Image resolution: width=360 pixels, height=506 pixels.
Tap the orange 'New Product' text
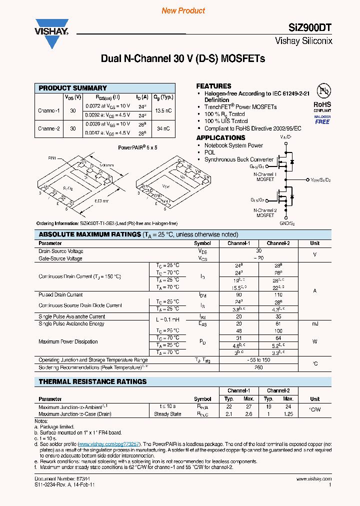[x=183, y=10]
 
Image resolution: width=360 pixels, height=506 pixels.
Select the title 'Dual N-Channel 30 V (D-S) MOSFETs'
[x=183, y=58]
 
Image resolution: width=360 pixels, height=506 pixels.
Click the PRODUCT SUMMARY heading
[x=73, y=88]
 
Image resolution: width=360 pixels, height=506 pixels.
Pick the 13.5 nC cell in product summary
[x=163, y=110]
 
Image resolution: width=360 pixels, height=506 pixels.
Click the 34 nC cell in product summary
[x=163, y=128]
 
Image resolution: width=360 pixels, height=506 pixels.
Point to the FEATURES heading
[x=213, y=86]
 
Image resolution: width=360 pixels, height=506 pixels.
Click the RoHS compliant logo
[x=322, y=107]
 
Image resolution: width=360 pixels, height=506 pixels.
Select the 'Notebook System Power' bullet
[x=233, y=145]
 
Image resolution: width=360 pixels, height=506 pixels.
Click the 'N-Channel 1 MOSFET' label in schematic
[x=265, y=176]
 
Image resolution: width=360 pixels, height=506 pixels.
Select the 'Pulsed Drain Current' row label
[x=60, y=295]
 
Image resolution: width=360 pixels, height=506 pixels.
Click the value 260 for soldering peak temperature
[x=259, y=367]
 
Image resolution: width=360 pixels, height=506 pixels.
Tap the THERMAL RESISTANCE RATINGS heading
[x=93, y=381]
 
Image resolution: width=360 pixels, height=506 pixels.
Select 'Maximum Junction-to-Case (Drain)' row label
[x=75, y=414]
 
